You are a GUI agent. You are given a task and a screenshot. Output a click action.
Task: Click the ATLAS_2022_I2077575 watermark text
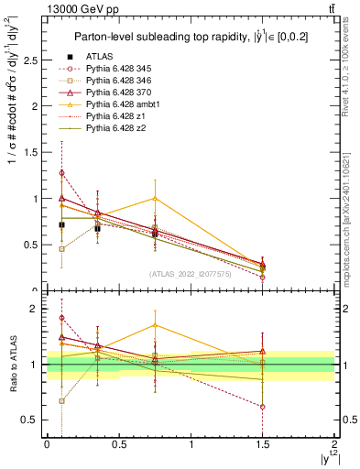pos(190,274)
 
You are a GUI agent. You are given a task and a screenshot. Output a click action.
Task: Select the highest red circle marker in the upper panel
pos(61,172)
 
